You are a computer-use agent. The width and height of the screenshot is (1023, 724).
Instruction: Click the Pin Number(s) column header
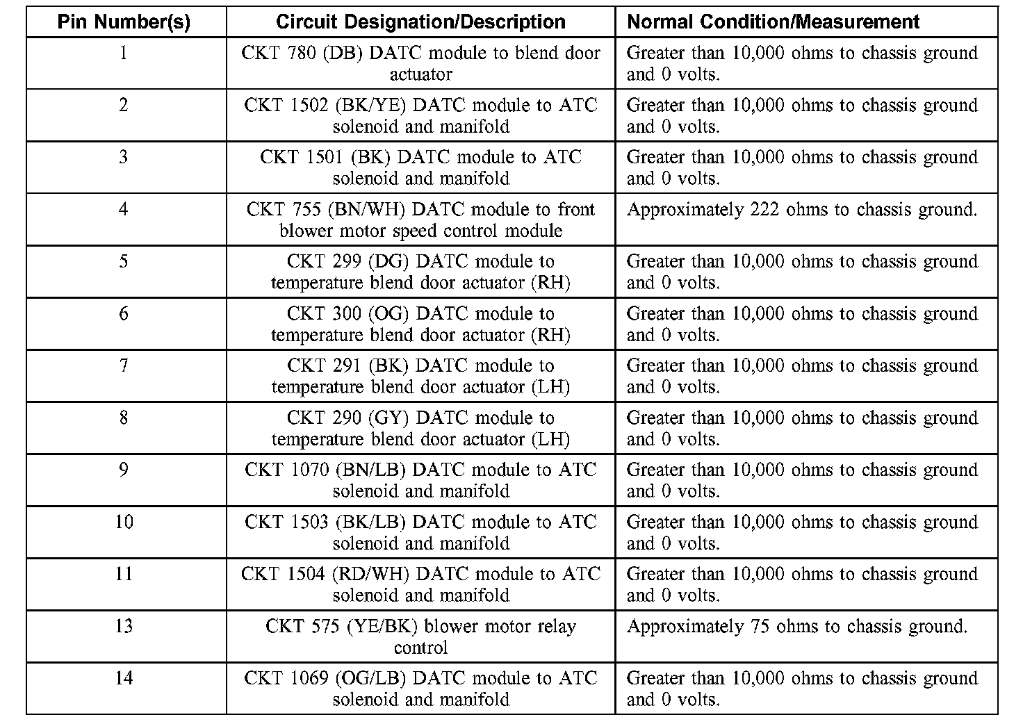click(x=124, y=22)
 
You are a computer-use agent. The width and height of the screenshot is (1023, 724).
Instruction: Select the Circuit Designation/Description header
click(x=420, y=22)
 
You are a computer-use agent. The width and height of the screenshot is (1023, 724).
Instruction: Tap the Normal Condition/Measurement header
click(x=773, y=22)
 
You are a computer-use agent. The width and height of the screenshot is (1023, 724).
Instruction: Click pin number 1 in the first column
click(x=124, y=53)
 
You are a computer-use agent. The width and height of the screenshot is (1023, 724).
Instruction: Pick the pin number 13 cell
click(x=124, y=626)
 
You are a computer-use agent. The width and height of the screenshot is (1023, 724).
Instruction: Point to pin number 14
click(x=124, y=678)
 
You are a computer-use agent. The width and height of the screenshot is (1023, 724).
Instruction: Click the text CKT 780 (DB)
click(x=302, y=53)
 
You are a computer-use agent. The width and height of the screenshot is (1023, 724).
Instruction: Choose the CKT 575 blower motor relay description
click(x=420, y=636)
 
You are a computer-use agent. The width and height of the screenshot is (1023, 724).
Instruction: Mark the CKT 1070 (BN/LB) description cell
click(x=420, y=480)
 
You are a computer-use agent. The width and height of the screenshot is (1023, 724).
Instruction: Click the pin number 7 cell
click(x=124, y=365)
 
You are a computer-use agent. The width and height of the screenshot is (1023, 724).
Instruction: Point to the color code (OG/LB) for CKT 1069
click(x=370, y=678)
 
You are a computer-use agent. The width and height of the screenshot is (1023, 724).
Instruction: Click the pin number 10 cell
click(x=124, y=522)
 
